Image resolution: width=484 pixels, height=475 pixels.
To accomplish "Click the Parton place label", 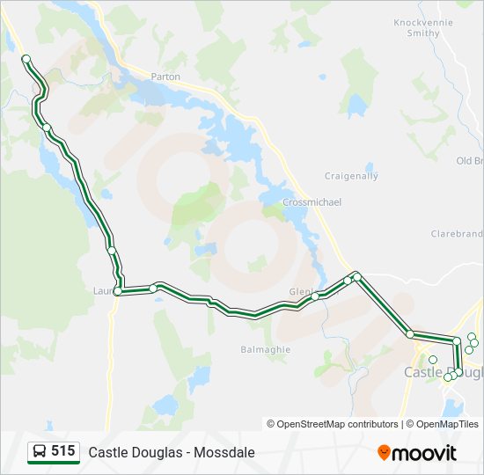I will [165, 77].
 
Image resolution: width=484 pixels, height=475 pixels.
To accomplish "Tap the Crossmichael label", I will [312, 202].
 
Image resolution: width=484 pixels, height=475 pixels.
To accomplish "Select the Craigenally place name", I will [351, 176].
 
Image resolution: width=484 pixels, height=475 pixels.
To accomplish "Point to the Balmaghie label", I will [260, 349].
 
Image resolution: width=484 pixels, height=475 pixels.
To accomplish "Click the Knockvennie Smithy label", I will [422, 27].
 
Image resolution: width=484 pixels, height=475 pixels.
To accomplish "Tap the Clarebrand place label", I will [457, 234].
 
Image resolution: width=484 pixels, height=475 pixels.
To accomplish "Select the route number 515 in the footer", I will [62, 451].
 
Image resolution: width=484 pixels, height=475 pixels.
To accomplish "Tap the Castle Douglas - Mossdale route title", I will [172, 452].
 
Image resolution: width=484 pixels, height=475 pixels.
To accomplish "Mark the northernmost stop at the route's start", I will [26, 59].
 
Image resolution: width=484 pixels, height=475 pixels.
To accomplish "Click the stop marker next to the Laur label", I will [118, 291].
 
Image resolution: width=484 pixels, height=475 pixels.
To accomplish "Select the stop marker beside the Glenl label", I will [314, 296].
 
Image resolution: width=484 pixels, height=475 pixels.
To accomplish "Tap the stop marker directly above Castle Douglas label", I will [432, 359].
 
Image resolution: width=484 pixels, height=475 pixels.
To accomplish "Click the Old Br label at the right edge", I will [470, 161].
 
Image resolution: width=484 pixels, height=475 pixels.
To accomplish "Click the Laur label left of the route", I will [102, 289].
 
